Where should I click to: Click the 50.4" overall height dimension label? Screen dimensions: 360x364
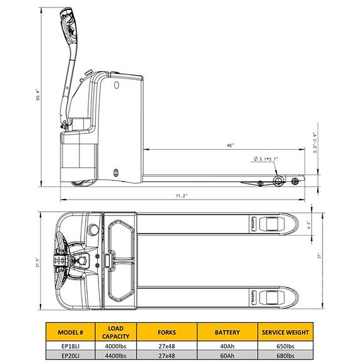click(38, 94)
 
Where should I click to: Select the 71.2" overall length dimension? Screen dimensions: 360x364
click(182, 196)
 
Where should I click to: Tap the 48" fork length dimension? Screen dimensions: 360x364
click(230, 145)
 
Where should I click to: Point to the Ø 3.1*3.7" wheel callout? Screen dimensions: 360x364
click(266, 159)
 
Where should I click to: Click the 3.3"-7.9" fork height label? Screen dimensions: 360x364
click(315, 143)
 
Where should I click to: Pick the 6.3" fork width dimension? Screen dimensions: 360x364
click(309, 225)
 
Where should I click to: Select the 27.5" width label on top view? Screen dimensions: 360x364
click(38, 263)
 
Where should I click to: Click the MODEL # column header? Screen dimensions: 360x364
click(71, 332)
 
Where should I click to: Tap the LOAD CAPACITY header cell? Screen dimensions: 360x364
click(116, 332)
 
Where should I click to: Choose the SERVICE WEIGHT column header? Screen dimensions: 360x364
click(285, 332)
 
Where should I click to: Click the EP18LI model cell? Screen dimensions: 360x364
click(71, 346)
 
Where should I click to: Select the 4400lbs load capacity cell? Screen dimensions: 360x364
click(116, 355)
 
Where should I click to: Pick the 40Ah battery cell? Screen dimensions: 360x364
click(227, 346)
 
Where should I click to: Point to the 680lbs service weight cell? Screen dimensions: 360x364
click(285, 355)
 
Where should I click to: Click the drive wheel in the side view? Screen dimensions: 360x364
click(80, 183)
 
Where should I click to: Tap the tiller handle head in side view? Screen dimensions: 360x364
click(69, 26)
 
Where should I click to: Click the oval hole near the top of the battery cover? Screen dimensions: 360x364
click(117, 85)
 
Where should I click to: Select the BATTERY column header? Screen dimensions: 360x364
click(227, 332)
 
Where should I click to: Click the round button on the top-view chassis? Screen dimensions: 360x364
click(93, 230)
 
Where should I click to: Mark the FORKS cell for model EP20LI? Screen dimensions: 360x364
click(166, 355)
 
